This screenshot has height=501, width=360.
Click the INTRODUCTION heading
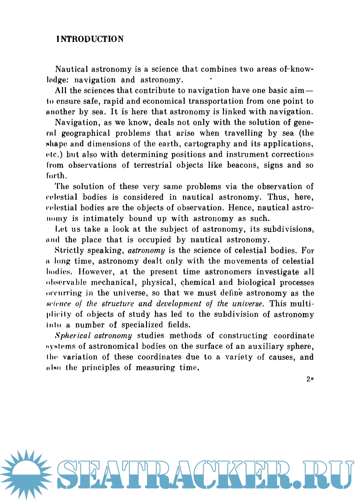pos(90,39)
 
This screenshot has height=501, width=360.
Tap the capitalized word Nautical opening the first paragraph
pos(72,69)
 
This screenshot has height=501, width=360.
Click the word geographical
pos(86,133)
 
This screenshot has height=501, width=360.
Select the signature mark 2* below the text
pos(310,379)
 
